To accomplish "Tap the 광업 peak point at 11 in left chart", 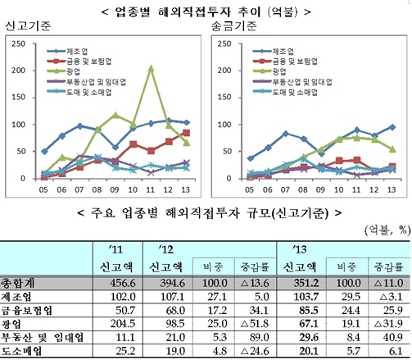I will (151, 69).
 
